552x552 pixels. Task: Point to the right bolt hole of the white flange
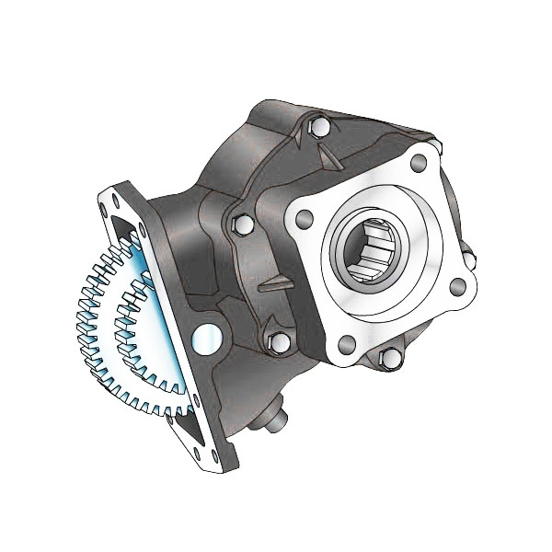pyautogui.click(x=457, y=287)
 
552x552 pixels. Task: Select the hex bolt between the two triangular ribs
pyautogui.click(x=244, y=224)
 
